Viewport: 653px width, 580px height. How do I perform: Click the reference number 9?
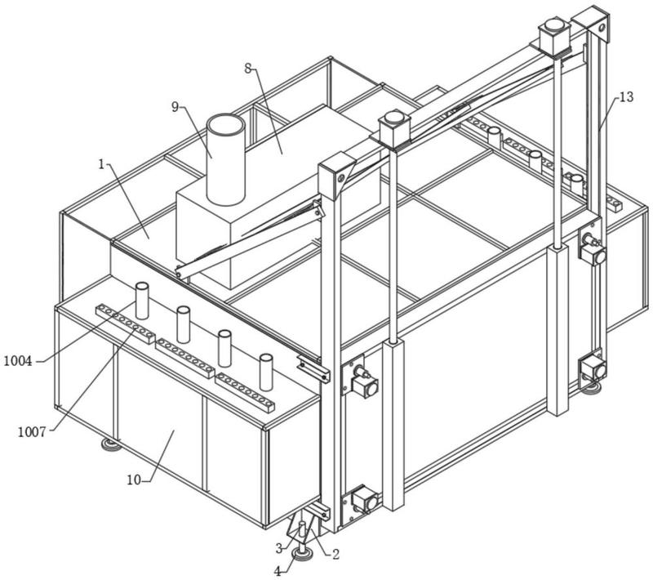pos(175,105)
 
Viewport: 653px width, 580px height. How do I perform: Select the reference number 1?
pos(103,163)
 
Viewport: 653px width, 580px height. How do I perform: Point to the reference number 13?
pos(625,97)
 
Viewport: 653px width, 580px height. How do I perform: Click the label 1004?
pos(18,359)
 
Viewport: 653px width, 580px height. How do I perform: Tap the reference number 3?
pos(279,547)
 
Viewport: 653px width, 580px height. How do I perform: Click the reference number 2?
pos(334,554)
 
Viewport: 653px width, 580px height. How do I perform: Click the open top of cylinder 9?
pos(224,129)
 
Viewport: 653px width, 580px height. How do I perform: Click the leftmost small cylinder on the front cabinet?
pos(142,301)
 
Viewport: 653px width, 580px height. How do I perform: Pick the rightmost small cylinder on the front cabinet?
pos(264,372)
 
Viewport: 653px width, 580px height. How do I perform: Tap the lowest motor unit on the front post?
pos(362,500)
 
